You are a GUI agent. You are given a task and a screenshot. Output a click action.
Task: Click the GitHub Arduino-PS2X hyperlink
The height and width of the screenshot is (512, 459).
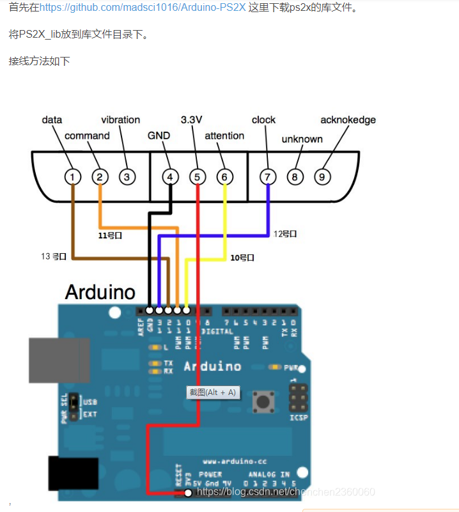(142, 8)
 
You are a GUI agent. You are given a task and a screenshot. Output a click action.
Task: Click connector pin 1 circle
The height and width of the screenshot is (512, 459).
(74, 176)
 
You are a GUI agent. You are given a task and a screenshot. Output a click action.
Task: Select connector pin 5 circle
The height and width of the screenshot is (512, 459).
(198, 176)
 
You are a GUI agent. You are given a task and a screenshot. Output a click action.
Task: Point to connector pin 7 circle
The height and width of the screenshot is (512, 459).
(268, 176)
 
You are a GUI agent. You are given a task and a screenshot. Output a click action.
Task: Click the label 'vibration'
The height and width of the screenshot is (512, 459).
(120, 120)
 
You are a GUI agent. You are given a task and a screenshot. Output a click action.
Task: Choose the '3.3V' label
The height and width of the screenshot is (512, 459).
(191, 120)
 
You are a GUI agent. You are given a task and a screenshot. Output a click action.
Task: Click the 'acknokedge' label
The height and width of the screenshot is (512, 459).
(348, 120)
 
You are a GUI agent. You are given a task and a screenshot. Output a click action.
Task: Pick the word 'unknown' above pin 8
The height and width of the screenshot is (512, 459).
(302, 139)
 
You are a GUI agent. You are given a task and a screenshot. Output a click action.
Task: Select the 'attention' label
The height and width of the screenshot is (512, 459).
(224, 136)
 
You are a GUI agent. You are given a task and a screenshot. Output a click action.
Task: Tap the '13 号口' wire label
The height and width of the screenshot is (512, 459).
(54, 256)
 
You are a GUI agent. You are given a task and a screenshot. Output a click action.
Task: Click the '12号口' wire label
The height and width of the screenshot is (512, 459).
(285, 234)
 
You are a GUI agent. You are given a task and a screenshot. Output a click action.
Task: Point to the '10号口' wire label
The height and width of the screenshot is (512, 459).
(242, 258)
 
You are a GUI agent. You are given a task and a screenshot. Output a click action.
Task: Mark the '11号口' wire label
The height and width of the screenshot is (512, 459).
(110, 235)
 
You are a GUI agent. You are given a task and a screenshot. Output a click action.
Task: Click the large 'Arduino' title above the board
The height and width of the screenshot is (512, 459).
(100, 293)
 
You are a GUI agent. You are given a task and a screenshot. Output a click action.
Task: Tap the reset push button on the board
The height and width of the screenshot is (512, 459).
(262, 402)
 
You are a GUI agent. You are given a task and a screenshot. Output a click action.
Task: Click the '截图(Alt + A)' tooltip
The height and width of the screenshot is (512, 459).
(212, 392)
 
